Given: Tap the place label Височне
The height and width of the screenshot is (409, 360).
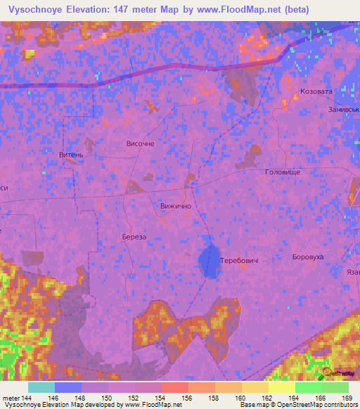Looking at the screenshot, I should tap(140, 143).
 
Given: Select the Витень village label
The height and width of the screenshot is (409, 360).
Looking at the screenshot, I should tap(72, 155).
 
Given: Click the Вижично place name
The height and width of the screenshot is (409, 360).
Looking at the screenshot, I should tap(176, 207).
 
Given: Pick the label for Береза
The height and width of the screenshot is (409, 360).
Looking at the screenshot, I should tap(134, 238).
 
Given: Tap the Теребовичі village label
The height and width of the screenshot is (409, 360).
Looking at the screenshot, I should tap(240, 261).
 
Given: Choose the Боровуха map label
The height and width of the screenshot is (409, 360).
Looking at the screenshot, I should tap(308, 257).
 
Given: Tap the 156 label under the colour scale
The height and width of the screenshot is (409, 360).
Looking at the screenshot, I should tap(188, 399).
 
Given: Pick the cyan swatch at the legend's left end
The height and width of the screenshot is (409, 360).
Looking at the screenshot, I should tap(41, 387).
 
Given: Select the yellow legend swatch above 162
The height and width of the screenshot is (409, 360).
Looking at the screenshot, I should tap(282, 387).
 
